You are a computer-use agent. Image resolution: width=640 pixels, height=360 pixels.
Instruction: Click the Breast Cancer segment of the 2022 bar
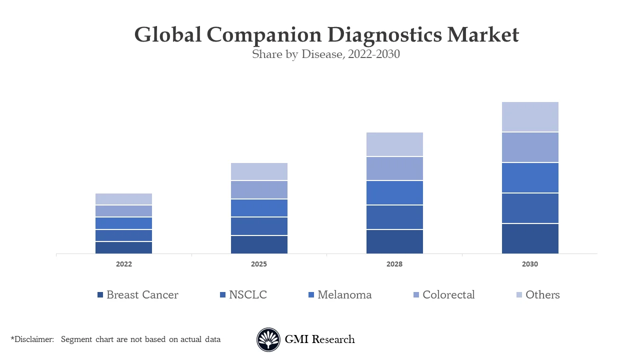pyautogui.click(x=123, y=247)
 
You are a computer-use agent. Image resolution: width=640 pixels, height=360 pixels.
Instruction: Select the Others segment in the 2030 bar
pyautogui.click(x=530, y=116)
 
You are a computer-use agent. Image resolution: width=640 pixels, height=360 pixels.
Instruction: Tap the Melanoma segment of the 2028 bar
pyautogui.click(x=394, y=192)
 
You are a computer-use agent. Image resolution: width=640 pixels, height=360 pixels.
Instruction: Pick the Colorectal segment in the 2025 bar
pyautogui.click(x=259, y=189)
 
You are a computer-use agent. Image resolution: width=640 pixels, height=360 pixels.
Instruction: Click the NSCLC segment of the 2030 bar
pyautogui.click(x=530, y=208)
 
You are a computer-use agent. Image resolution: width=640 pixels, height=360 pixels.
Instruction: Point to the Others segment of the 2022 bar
pyautogui.click(x=123, y=199)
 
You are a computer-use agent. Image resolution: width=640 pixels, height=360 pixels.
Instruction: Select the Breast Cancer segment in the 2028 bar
pyautogui.click(x=394, y=241)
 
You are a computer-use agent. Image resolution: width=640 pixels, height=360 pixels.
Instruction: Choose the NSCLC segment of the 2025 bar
pyautogui.click(x=259, y=226)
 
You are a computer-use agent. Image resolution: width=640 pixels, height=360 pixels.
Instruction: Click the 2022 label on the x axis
pyautogui.click(x=123, y=264)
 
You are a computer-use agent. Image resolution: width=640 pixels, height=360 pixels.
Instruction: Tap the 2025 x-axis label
pyautogui.click(x=259, y=264)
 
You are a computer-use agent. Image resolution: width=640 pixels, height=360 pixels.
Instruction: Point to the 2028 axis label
pyautogui.click(x=394, y=264)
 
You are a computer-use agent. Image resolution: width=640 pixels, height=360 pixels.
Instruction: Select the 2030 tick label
pyautogui.click(x=530, y=264)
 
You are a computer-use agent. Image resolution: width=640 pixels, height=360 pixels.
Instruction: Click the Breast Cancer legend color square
pyautogui.click(x=100, y=295)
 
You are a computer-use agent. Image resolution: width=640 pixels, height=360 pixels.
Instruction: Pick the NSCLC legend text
pyautogui.click(x=248, y=295)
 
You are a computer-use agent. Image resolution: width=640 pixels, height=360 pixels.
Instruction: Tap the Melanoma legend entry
pyautogui.click(x=344, y=295)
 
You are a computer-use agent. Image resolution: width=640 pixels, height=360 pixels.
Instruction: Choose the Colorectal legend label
pyautogui.click(x=448, y=295)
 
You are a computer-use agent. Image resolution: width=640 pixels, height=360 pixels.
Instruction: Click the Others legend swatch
pyautogui.click(x=519, y=295)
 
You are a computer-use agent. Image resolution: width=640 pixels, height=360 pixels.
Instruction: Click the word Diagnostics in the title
pyautogui.click(x=384, y=35)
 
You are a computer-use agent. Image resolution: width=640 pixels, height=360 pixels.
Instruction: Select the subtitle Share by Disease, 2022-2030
pyautogui.click(x=325, y=54)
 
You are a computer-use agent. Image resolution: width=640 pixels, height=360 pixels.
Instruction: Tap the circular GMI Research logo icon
pyautogui.click(x=268, y=340)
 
